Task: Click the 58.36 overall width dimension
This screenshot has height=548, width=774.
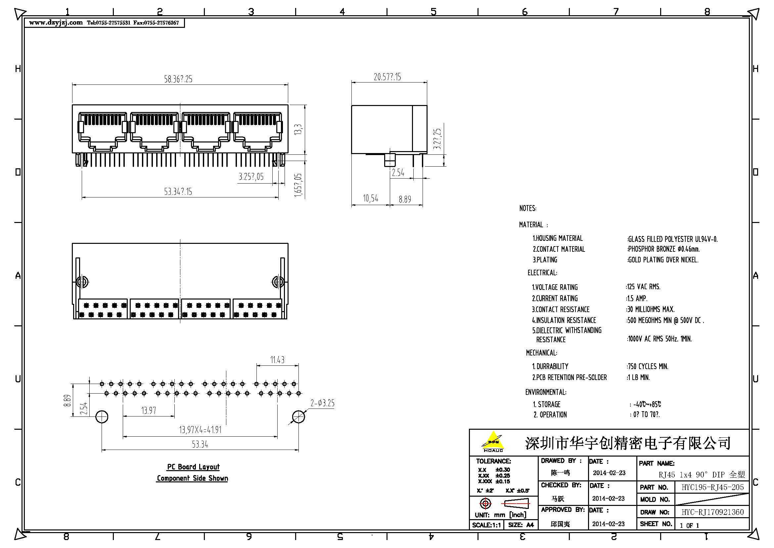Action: (178, 79)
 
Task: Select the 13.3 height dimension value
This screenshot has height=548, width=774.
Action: (298, 130)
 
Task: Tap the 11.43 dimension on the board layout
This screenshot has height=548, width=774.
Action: (277, 360)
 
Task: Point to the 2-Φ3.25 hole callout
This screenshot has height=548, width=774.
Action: (322, 403)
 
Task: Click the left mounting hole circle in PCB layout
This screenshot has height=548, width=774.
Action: (102, 417)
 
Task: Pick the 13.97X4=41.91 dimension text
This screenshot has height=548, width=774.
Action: (200, 430)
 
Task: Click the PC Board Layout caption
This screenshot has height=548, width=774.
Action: (193, 467)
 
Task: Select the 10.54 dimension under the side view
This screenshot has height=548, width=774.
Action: (371, 198)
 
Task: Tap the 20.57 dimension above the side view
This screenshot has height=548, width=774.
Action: (387, 77)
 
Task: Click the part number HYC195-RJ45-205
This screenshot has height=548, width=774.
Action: (712, 487)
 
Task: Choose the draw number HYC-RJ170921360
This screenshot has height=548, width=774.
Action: (712, 512)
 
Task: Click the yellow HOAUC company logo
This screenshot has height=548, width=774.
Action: (493, 441)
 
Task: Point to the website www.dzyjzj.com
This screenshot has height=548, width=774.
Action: (56, 23)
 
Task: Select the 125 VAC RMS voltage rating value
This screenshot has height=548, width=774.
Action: (643, 287)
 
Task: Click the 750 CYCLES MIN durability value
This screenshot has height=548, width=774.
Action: (648, 366)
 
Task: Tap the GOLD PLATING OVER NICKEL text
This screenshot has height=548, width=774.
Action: (663, 260)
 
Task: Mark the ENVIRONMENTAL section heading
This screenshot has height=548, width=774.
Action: (546, 392)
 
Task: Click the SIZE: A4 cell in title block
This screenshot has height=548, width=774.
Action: (521, 525)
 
